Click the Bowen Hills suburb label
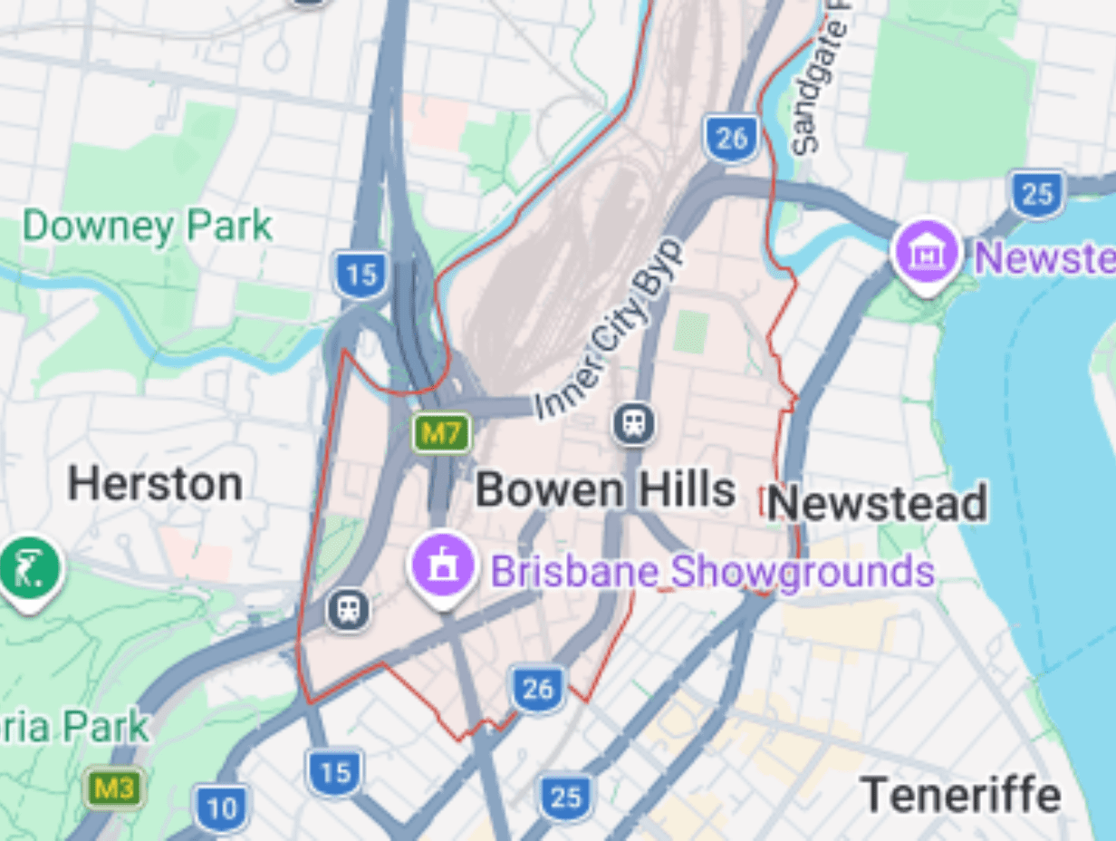tap(605, 490)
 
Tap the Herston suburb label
tap(155, 484)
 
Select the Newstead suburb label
tap(877, 503)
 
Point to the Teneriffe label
tap(960, 795)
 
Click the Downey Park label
tap(147, 227)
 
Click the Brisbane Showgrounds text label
tap(712, 572)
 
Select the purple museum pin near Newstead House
tap(926, 252)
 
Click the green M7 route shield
tap(442, 433)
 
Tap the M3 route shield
tap(114, 788)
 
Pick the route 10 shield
tap(220, 807)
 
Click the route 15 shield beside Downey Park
tap(361, 275)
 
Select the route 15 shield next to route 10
tap(334, 772)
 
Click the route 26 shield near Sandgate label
tap(731, 139)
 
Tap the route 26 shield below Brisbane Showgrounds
tap(537, 689)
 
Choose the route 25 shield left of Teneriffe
tap(565, 797)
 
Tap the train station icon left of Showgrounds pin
tap(348, 609)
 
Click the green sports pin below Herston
tap(31, 569)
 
